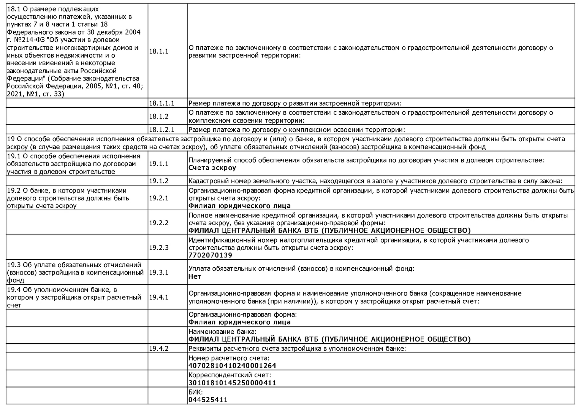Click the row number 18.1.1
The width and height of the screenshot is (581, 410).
(158, 51)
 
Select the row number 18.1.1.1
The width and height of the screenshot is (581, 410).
(161, 103)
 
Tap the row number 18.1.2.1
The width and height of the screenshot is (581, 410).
(161, 129)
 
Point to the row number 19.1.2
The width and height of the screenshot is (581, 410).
(158, 181)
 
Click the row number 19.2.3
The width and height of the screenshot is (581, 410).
(158, 248)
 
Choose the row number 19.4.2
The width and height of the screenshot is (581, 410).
(158, 348)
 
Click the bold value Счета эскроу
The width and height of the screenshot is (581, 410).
(212, 168)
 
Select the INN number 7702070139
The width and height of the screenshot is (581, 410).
(210, 255)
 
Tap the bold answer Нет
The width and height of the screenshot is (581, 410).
(195, 276)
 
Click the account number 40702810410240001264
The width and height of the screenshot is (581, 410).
(232, 366)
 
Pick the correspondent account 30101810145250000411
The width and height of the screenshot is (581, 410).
(232, 383)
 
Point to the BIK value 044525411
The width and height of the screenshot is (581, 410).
(208, 400)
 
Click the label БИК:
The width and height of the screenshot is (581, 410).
(196, 392)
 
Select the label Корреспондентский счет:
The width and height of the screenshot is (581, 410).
(230, 375)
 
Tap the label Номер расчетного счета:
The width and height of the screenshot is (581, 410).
(229, 358)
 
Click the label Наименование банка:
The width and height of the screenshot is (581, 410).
(222, 332)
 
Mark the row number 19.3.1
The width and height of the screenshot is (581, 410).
(158, 272)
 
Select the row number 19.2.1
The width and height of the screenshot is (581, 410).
(158, 198)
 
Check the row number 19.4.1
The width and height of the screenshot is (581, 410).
(158, 297)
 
